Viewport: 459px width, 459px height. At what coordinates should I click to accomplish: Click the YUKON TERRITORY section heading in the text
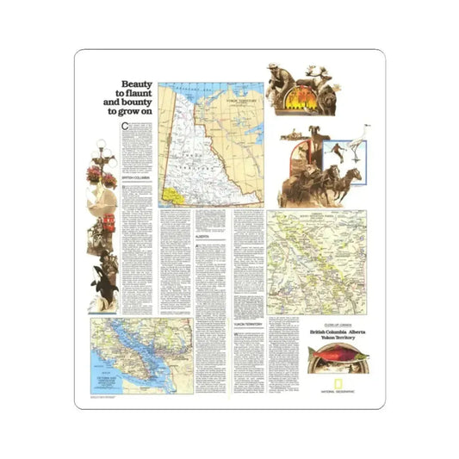click(x=248, y=323)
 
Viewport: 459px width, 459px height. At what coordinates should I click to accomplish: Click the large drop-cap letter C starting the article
click(x=125, y=127)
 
